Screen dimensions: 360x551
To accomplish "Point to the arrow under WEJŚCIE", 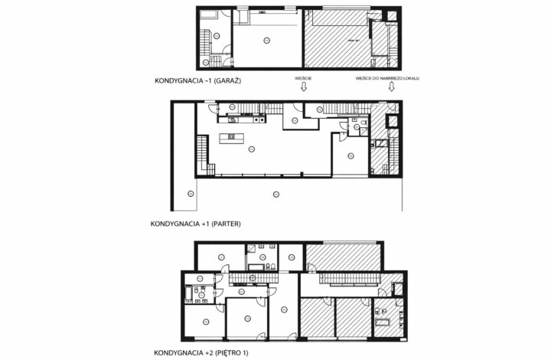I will [x=304, y=87].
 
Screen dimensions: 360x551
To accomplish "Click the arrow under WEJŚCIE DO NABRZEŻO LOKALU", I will [x=391, y=87].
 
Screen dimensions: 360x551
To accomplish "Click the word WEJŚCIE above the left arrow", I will [x=304, y=78].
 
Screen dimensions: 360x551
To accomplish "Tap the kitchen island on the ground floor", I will [x=233, y=138].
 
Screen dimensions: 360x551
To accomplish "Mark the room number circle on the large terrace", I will [x=276, y=195].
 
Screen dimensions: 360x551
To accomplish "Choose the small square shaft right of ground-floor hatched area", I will [x=393, y=120].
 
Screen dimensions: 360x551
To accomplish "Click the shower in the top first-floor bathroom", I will [x=252, y=250].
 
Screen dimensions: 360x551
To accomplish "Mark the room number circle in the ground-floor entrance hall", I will [x=295, y=120].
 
